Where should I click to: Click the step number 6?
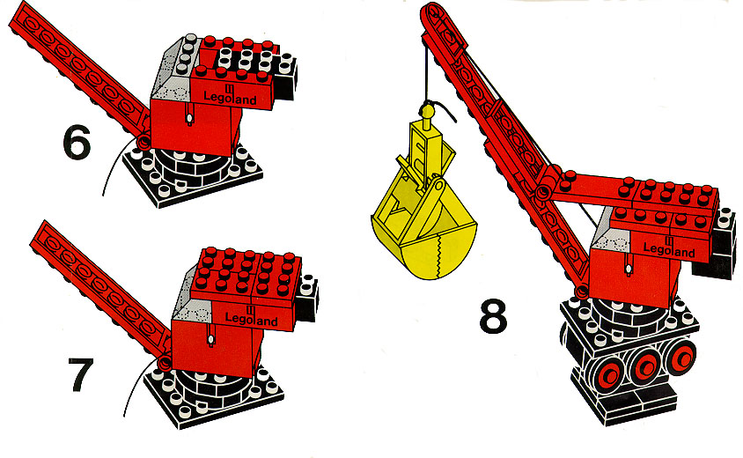[77, 142]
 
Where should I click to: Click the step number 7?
[81, 374]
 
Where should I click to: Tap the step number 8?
[493, 316]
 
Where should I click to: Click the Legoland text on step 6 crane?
[230, 96]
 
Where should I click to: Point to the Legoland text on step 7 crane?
[251, 317]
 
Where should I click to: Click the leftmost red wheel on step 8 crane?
[608, 376]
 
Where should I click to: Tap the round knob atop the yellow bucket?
[427, 112]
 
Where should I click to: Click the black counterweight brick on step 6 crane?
[284, 78]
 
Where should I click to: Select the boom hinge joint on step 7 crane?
[165, 363]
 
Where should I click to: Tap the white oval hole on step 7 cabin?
[210, 339]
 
